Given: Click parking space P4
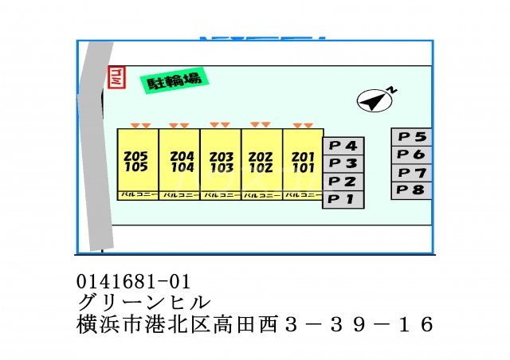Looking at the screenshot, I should (x=343, y=146).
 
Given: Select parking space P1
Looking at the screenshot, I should (x=343, y=199).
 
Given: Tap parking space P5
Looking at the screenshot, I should (x=412, y=137).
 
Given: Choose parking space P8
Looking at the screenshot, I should (x=412, y=190).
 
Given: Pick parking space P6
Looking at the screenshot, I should (x=412, y=155).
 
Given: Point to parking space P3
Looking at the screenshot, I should (x=343, y=163).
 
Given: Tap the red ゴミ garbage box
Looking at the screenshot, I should (x=115, y=78).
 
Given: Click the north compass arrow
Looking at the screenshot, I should (x=373, y=100).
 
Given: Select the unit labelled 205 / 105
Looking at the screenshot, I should (x=137, y=162).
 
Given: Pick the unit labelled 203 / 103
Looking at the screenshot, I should (x=221, y=162).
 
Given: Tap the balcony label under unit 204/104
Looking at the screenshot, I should (x=179, y=194).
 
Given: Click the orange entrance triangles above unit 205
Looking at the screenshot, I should (x=140, y=126).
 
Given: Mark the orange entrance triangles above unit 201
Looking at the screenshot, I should (x=302, y=125).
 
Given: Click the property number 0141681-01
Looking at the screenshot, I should (x=135, y=281).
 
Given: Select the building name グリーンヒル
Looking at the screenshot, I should (x=144, y=303).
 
